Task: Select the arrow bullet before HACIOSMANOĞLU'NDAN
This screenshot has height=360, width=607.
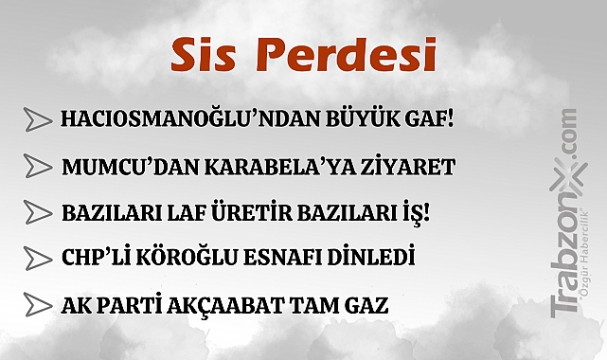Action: coord(37,120)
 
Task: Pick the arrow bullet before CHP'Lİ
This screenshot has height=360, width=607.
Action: coord(37,258)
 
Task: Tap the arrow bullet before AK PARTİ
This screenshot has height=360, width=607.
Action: coord(37,305)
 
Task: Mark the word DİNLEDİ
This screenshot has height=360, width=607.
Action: coord(364,258)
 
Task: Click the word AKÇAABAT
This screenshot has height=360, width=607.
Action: coord(237,305)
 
